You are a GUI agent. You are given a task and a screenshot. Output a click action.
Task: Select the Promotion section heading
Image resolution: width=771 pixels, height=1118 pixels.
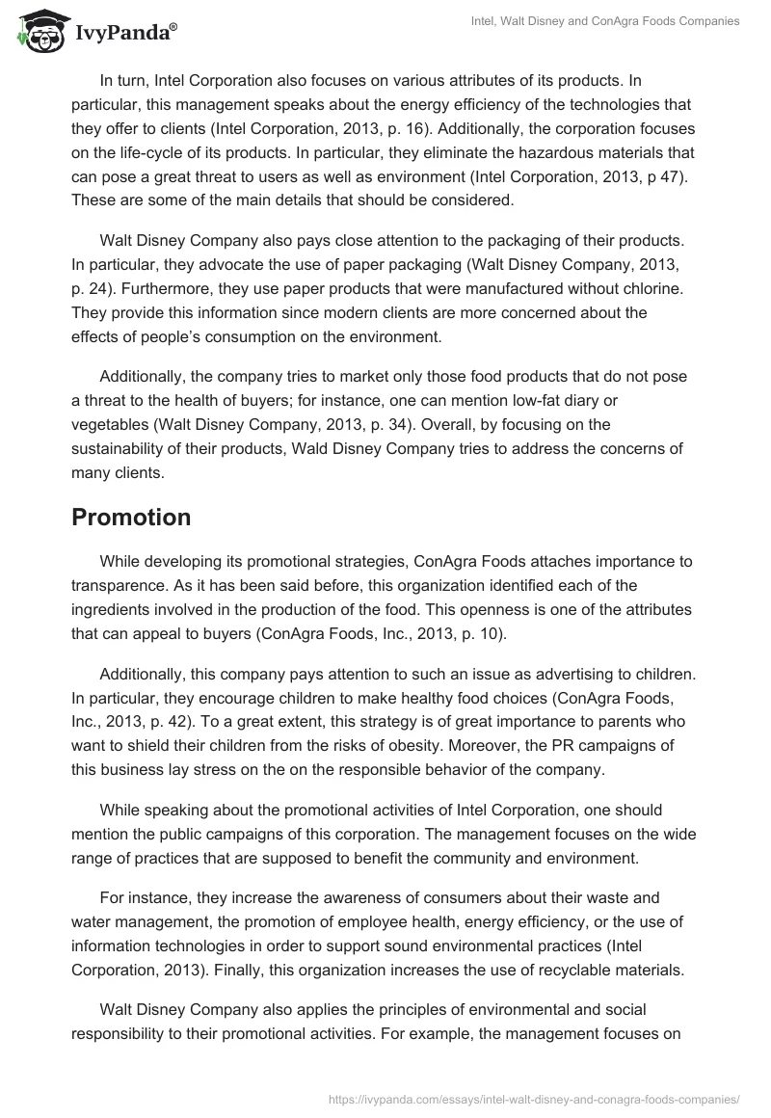(131, 517)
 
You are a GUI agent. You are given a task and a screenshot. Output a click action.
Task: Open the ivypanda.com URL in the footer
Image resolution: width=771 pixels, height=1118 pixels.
(534, 1098)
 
